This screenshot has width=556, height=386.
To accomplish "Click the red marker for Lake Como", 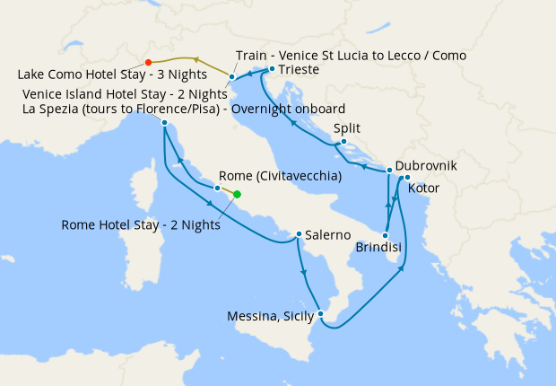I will (148, 62).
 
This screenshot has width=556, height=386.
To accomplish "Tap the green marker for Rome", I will (238, 194).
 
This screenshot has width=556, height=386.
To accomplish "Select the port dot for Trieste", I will (272, 69).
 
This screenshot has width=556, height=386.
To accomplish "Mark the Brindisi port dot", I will (385, 235).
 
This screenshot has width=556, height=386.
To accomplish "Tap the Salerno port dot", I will (299, 235).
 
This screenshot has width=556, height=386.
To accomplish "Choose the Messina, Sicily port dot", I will (320, 314).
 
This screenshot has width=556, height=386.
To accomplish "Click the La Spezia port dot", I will (165, 122).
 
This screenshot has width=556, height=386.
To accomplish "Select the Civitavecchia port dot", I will (217, 188).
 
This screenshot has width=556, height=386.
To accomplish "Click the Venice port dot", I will (231, 76).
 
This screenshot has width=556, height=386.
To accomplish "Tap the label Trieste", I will (297, 69).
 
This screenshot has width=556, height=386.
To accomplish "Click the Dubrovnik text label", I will (426, 167).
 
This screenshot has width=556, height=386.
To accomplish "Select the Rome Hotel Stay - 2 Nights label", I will (140, 224).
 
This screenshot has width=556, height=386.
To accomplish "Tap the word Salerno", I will (327, 235).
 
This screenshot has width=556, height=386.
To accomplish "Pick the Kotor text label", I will (423, 189).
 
